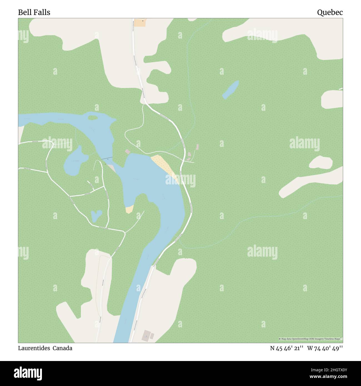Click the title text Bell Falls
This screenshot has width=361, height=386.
pos(34,12)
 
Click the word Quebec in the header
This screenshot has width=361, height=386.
pos(330,12)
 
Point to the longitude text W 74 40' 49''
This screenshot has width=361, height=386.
pos(325,348)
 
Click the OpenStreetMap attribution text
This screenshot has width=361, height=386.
pos(310,339)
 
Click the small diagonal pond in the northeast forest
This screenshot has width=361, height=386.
pos(230,89)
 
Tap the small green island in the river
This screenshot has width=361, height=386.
pos(93,117)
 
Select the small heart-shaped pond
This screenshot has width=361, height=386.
pos(96,215)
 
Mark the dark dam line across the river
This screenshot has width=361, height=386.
pos(106,159)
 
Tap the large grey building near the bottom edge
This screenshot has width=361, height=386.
pos(146,336)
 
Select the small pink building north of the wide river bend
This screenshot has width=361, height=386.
pos(127,151)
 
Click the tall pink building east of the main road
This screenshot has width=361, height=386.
pos(197,147)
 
